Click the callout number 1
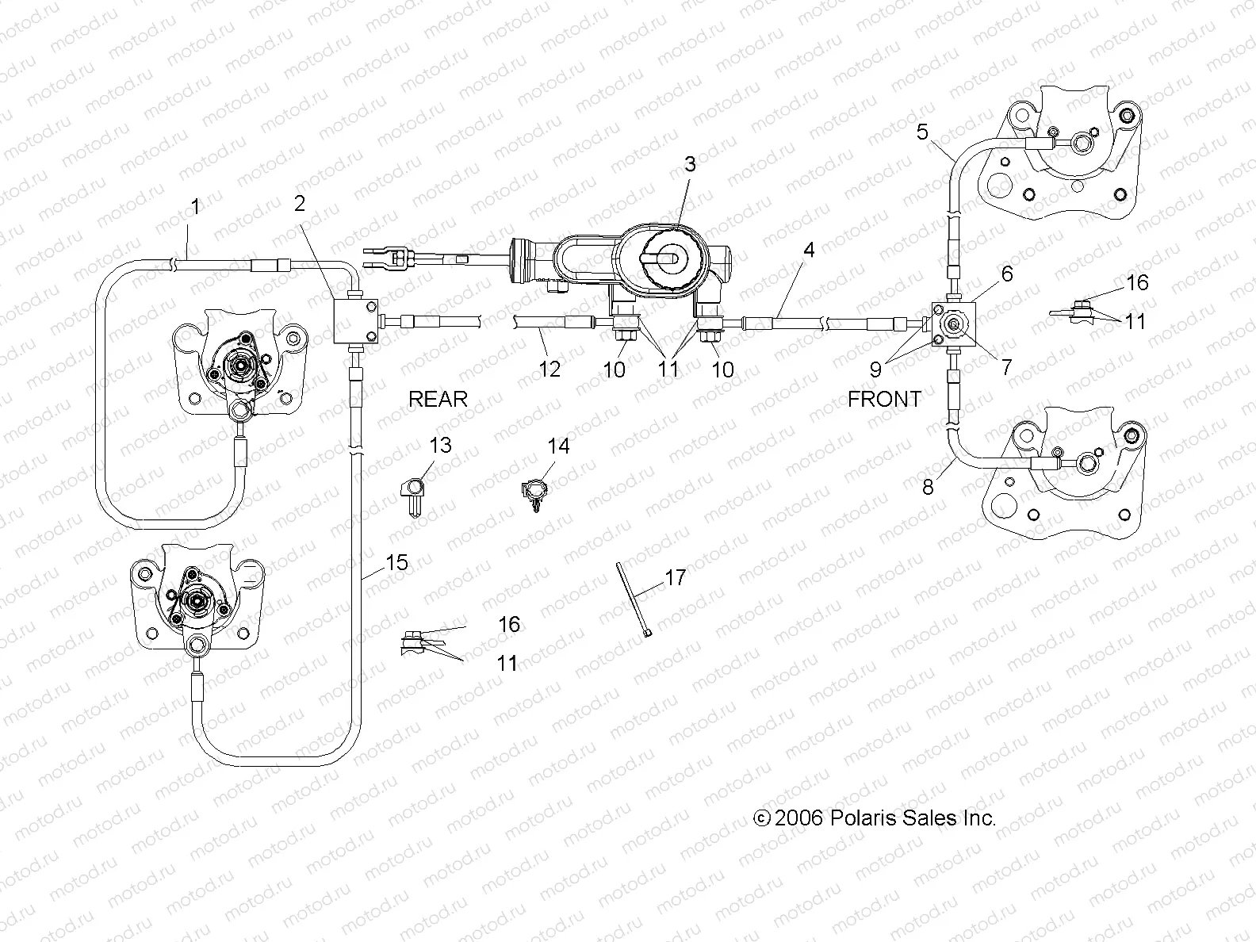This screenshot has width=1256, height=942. coord(195,207)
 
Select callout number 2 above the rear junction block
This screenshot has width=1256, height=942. coord(299,204)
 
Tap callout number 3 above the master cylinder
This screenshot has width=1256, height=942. coord(690,164)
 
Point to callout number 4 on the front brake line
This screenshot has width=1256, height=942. coord(808,251)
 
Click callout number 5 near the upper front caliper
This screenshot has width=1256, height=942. coord(921,132)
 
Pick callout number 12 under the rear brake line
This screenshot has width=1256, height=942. coord(549,369)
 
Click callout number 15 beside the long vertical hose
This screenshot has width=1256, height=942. coord(396,563)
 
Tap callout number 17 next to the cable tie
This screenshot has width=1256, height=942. coord(675,577)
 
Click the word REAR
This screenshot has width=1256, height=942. coord(438,399)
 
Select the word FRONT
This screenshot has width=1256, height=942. coord(884,399)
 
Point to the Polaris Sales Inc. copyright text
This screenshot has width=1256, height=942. coord(874,818)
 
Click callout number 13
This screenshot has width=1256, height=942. coord(440,446)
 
